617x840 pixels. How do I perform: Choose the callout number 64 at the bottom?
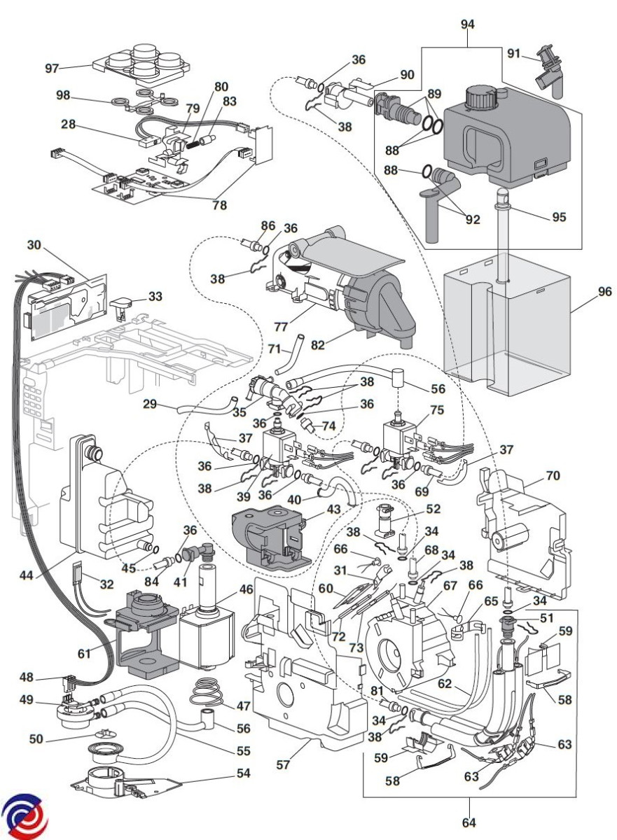click(x=468, y=820)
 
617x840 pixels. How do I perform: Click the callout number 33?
click(x=155, y=296)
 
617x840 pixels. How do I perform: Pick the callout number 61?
click(x=85, y=653)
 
